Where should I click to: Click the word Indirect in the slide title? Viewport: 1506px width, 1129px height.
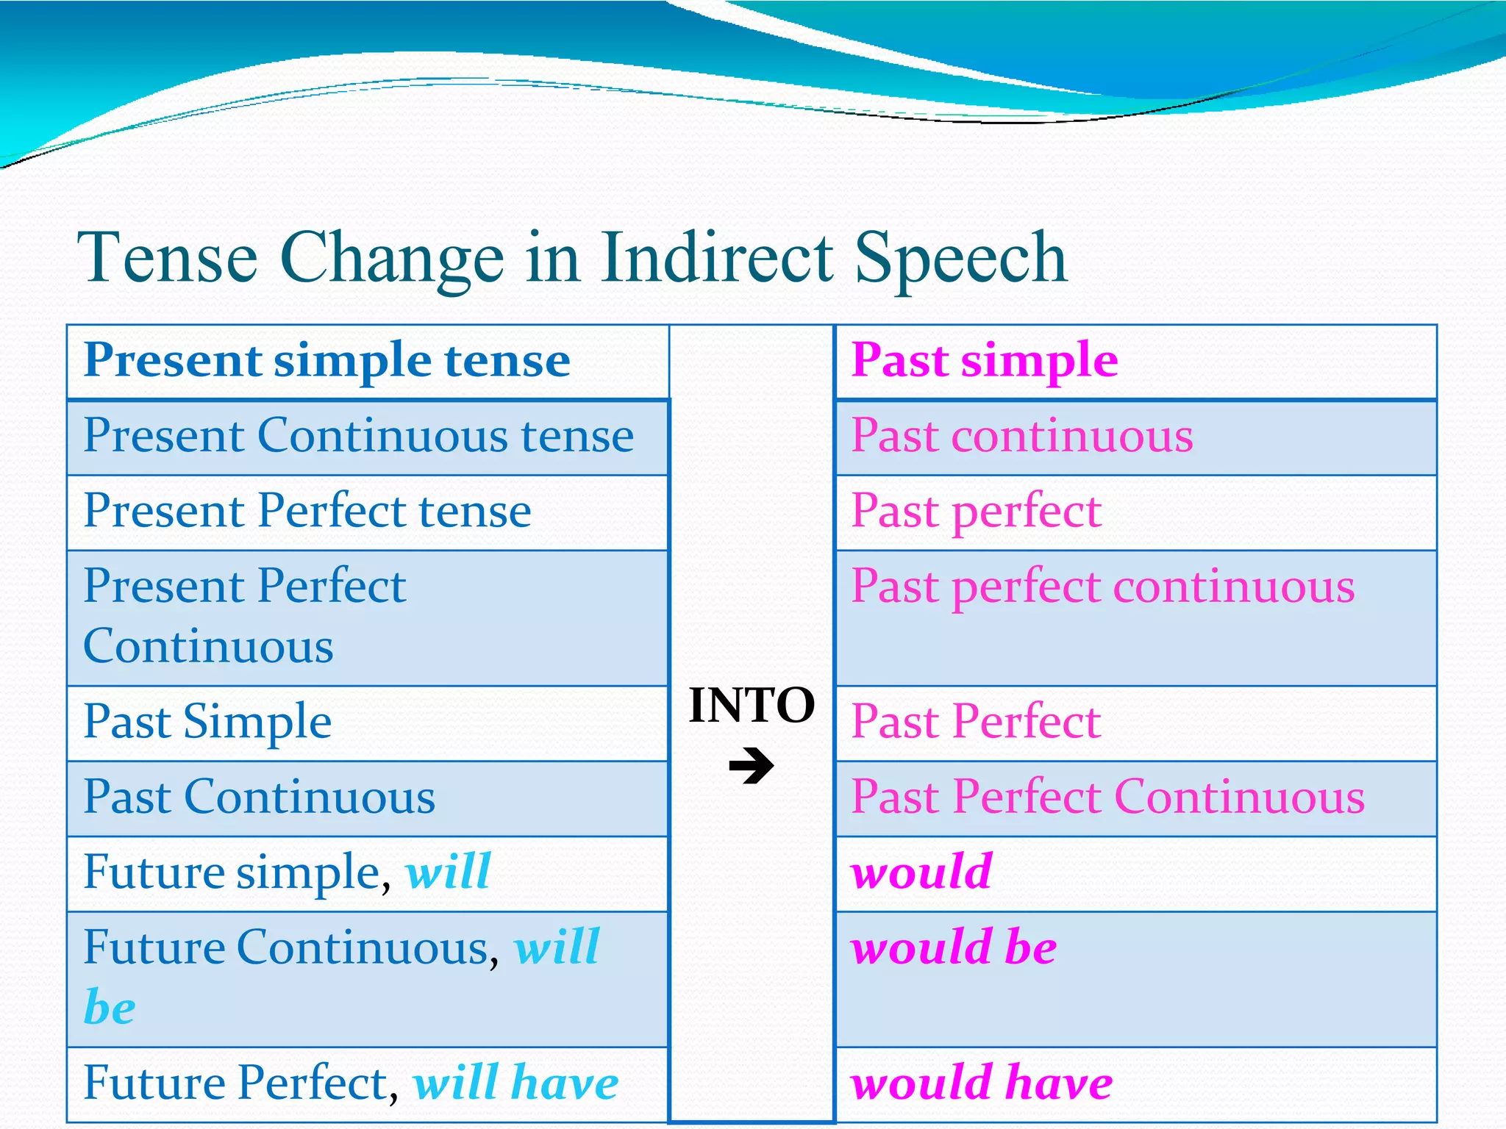(x=717, y=257)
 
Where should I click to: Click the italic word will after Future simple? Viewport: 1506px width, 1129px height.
(x=448, y=872)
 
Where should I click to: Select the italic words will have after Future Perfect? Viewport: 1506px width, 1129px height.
(x=515, y=1083)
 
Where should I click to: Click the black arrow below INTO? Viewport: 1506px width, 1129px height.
(x=752, y=766)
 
